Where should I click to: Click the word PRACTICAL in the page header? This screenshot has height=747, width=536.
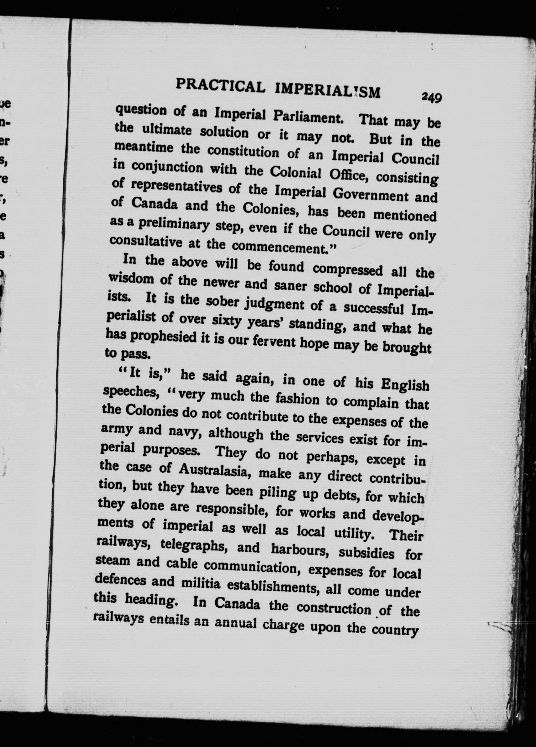click(220, 87)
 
